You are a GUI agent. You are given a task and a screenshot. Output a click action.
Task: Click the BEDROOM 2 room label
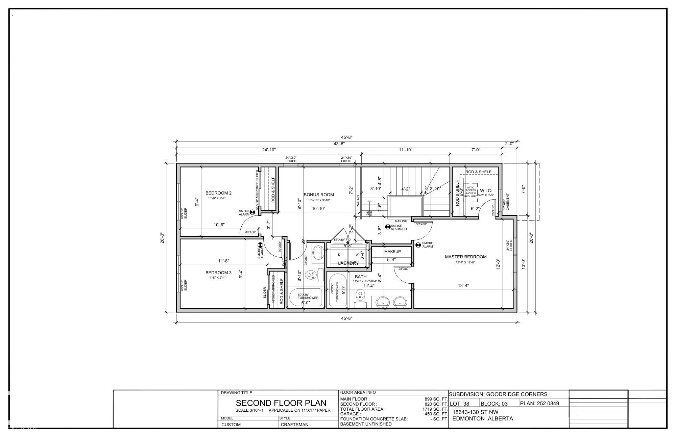[218, 193]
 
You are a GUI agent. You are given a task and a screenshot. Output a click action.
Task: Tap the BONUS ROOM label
[318, 195]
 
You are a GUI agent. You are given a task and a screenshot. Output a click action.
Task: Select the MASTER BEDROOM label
[465, 257]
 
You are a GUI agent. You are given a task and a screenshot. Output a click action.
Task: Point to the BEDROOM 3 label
[218, 273]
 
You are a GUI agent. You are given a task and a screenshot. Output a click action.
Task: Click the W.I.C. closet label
[486, 191]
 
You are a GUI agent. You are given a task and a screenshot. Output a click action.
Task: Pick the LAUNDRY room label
[348, 263]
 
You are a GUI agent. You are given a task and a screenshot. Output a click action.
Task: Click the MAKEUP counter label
[392, 252]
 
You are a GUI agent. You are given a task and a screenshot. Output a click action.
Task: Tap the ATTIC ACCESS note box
[470, 192]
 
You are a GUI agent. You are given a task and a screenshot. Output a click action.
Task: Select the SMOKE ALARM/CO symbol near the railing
[388, 226]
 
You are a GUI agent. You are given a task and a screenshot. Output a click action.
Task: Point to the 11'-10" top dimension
[405, 150]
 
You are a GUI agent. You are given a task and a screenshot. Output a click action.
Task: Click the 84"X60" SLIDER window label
[509, 245]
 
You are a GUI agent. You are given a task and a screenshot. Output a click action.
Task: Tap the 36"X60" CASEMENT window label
[506, 202]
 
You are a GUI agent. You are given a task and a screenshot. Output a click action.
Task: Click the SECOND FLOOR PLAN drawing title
[281, 403]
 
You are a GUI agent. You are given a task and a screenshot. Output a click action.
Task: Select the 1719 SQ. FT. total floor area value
[435, 409]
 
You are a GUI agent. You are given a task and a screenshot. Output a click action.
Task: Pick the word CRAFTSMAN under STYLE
[294, 425]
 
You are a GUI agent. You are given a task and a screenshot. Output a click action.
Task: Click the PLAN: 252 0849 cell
[539, 403]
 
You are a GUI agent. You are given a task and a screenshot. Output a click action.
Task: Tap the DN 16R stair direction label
[369, 213]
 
